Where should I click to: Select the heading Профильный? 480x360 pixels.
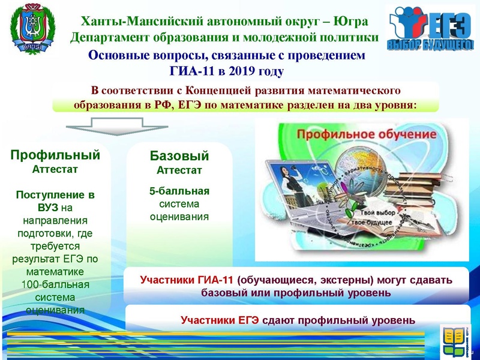tap(55, 155)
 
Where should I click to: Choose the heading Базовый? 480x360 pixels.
tap(179, 157)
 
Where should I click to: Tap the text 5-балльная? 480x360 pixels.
tap(179, 192)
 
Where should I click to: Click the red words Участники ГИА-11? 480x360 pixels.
tap(187, 280)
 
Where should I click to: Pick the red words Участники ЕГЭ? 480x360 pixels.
tap(220, 320)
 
